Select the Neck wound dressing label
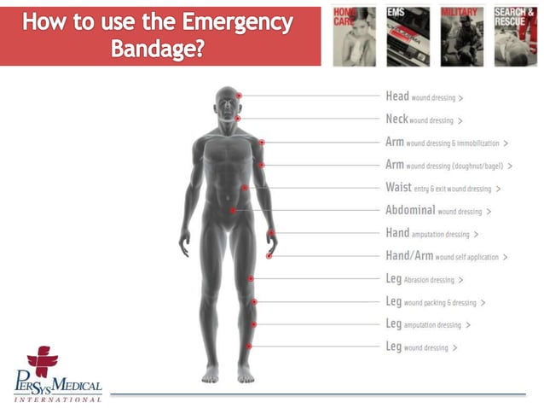coord(423,120)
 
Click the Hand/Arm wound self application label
coord(446,256)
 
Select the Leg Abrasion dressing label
coord(424,279)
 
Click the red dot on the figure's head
coord(240,96)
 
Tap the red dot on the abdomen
coord(232,210)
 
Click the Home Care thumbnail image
coord(353,35)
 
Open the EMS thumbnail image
coord(408,35)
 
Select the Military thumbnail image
coord(461,35)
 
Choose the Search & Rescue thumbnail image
coord(515,35)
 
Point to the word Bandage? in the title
coord(157,49)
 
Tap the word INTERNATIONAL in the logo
coord(58,398)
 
